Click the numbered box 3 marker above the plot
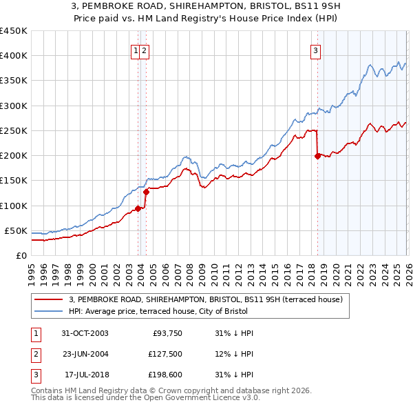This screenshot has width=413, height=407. pos(315,50)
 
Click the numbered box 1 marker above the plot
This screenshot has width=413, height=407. pos(136,50)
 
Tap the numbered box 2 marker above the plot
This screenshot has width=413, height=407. pos(146,50)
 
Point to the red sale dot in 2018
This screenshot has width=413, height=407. pos(317,157)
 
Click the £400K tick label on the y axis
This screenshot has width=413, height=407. pos(14,56)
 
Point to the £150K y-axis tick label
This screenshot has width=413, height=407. pos(14,181)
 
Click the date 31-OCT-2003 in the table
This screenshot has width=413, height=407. pos(85,333)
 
